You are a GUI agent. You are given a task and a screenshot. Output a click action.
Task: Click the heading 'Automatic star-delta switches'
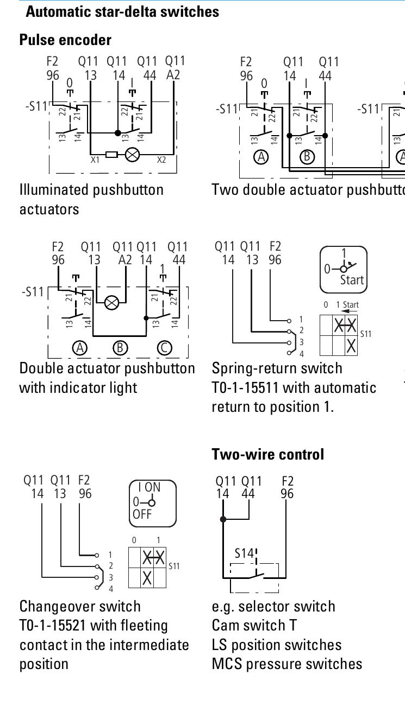pos(122,11)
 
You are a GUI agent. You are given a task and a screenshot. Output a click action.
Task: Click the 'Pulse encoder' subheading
pos(65,40)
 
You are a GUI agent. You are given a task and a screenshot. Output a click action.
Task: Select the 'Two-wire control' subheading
pos(267,454)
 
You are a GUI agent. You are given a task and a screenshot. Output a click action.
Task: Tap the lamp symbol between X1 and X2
pos(132,155)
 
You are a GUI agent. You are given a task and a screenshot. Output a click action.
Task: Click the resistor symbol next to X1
pos(111,155)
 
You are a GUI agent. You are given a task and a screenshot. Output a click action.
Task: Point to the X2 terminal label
pos(161,161)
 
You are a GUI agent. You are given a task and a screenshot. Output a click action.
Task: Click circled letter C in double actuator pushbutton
pos(164,348)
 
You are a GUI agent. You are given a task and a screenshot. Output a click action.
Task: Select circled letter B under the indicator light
pos(120,348)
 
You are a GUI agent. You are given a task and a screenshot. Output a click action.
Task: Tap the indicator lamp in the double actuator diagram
pos(111,303)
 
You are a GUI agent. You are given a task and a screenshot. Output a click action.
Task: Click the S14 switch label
pos(244,553)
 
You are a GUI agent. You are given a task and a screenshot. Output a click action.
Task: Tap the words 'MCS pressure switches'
pos(286,664)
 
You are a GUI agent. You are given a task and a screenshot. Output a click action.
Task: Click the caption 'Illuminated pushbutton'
pos(91,190)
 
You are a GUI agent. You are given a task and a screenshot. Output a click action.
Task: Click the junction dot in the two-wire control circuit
pos(223,519)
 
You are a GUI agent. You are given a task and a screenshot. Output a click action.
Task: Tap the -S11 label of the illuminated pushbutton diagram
pos(36,106)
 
